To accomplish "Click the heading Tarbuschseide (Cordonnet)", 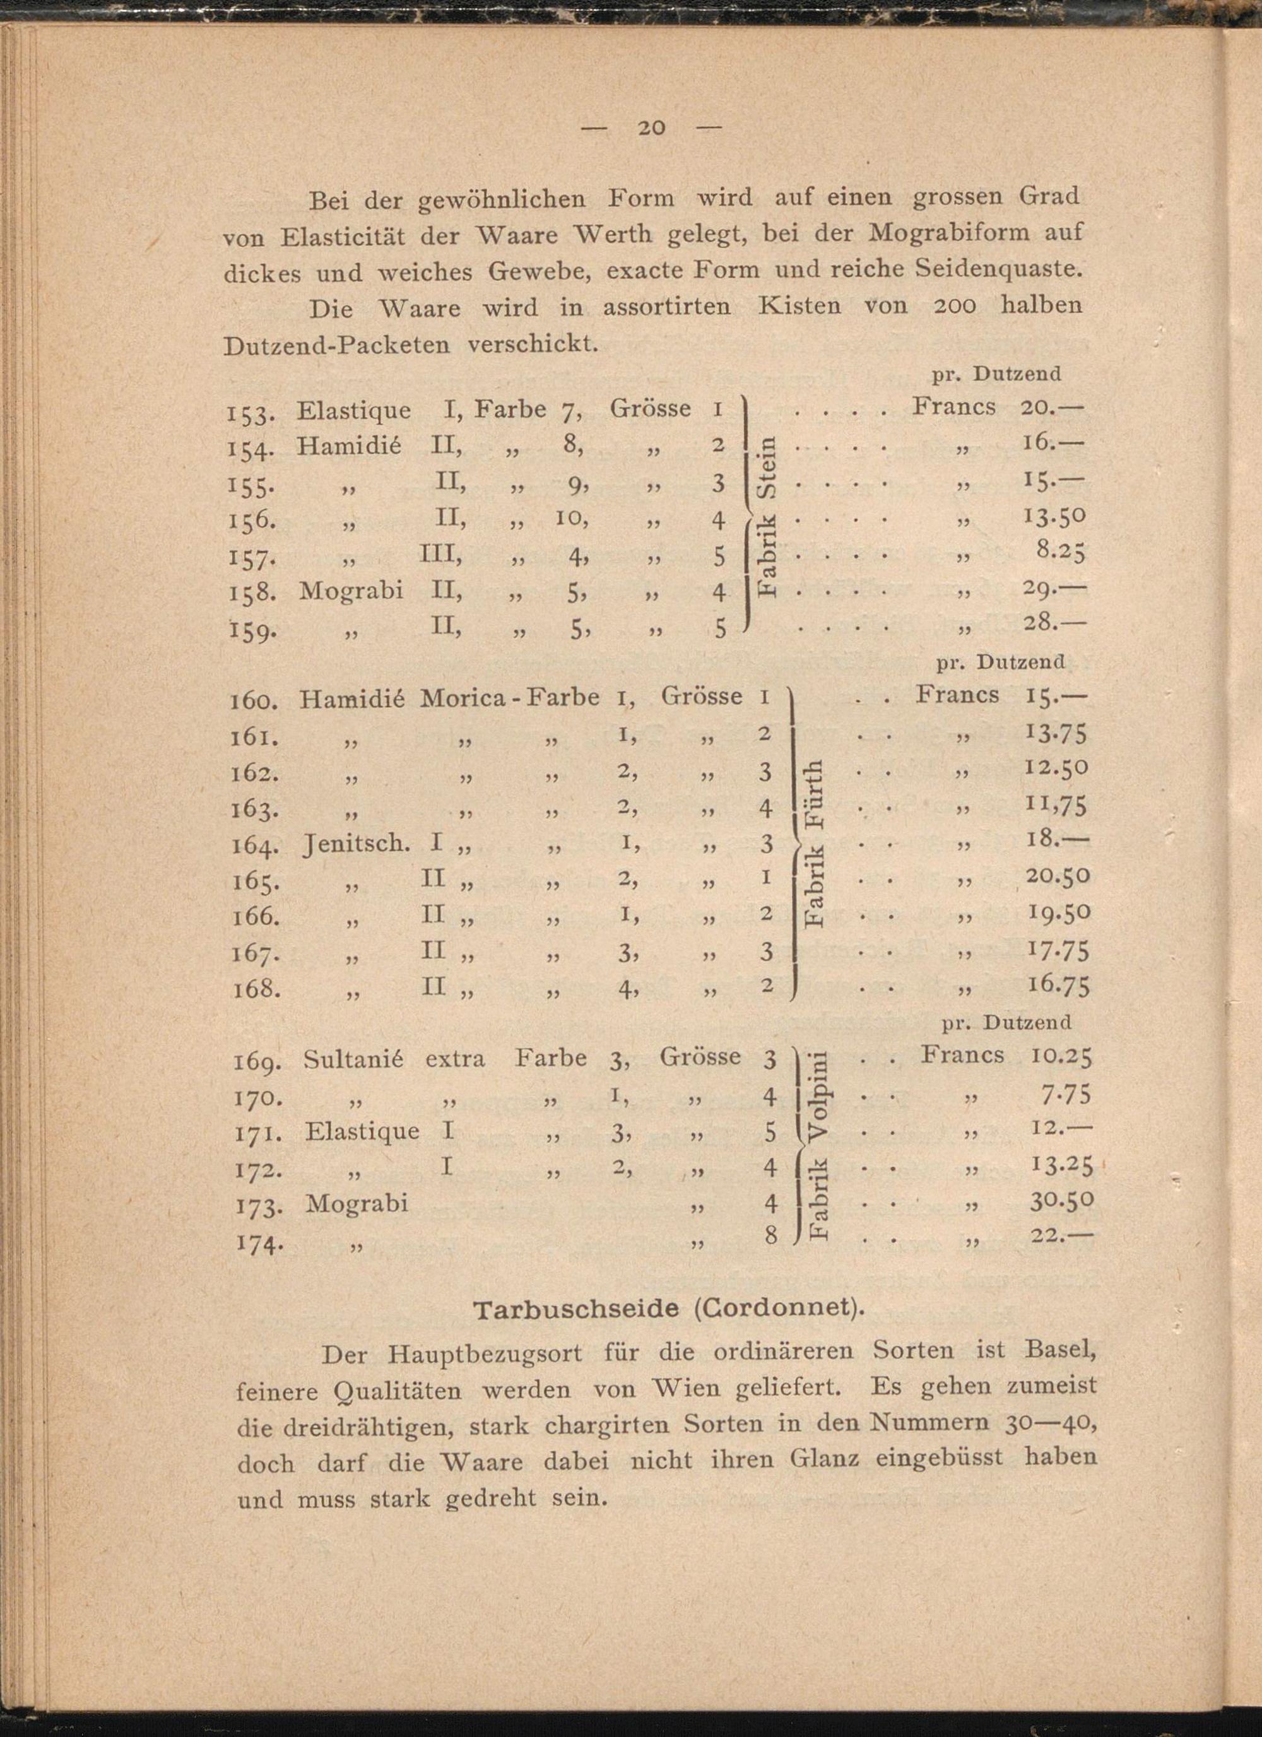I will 668,1309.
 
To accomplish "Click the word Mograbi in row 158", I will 351,591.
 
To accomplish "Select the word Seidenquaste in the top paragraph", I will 984,270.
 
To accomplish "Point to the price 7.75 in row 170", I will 1064,1095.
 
